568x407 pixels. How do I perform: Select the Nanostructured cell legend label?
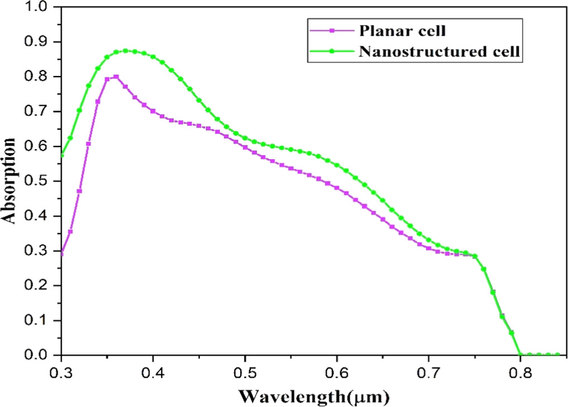pyautogui.click(x=440, y=51)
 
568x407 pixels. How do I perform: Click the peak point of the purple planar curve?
pyautogui.click(x=116, y=77)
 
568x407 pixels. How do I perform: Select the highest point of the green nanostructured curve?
pyautogui.click(x=126, y=51)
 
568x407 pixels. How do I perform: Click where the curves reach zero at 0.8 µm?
pyautogui.click(x=521, y=354)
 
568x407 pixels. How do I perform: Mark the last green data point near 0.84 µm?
pyautogui.click(x=557, y=354)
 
